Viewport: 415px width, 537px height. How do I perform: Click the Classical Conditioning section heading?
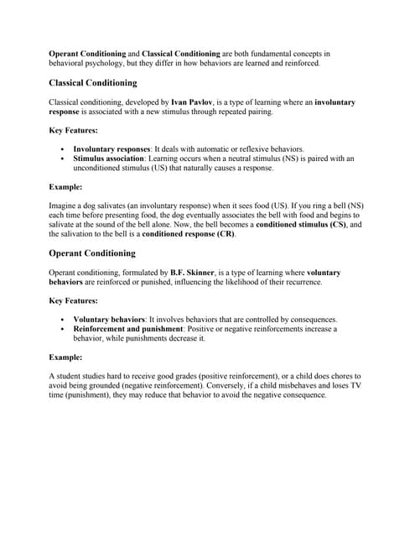pos(93,84)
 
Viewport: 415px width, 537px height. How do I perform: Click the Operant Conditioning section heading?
pos(92,253)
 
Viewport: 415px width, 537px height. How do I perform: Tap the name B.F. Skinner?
pos(193,273)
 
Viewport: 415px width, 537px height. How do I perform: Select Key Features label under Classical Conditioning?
pos(73,130)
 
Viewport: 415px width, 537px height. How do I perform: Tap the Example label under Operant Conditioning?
pos(65,357)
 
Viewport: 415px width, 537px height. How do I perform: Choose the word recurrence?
pos(298,283)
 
